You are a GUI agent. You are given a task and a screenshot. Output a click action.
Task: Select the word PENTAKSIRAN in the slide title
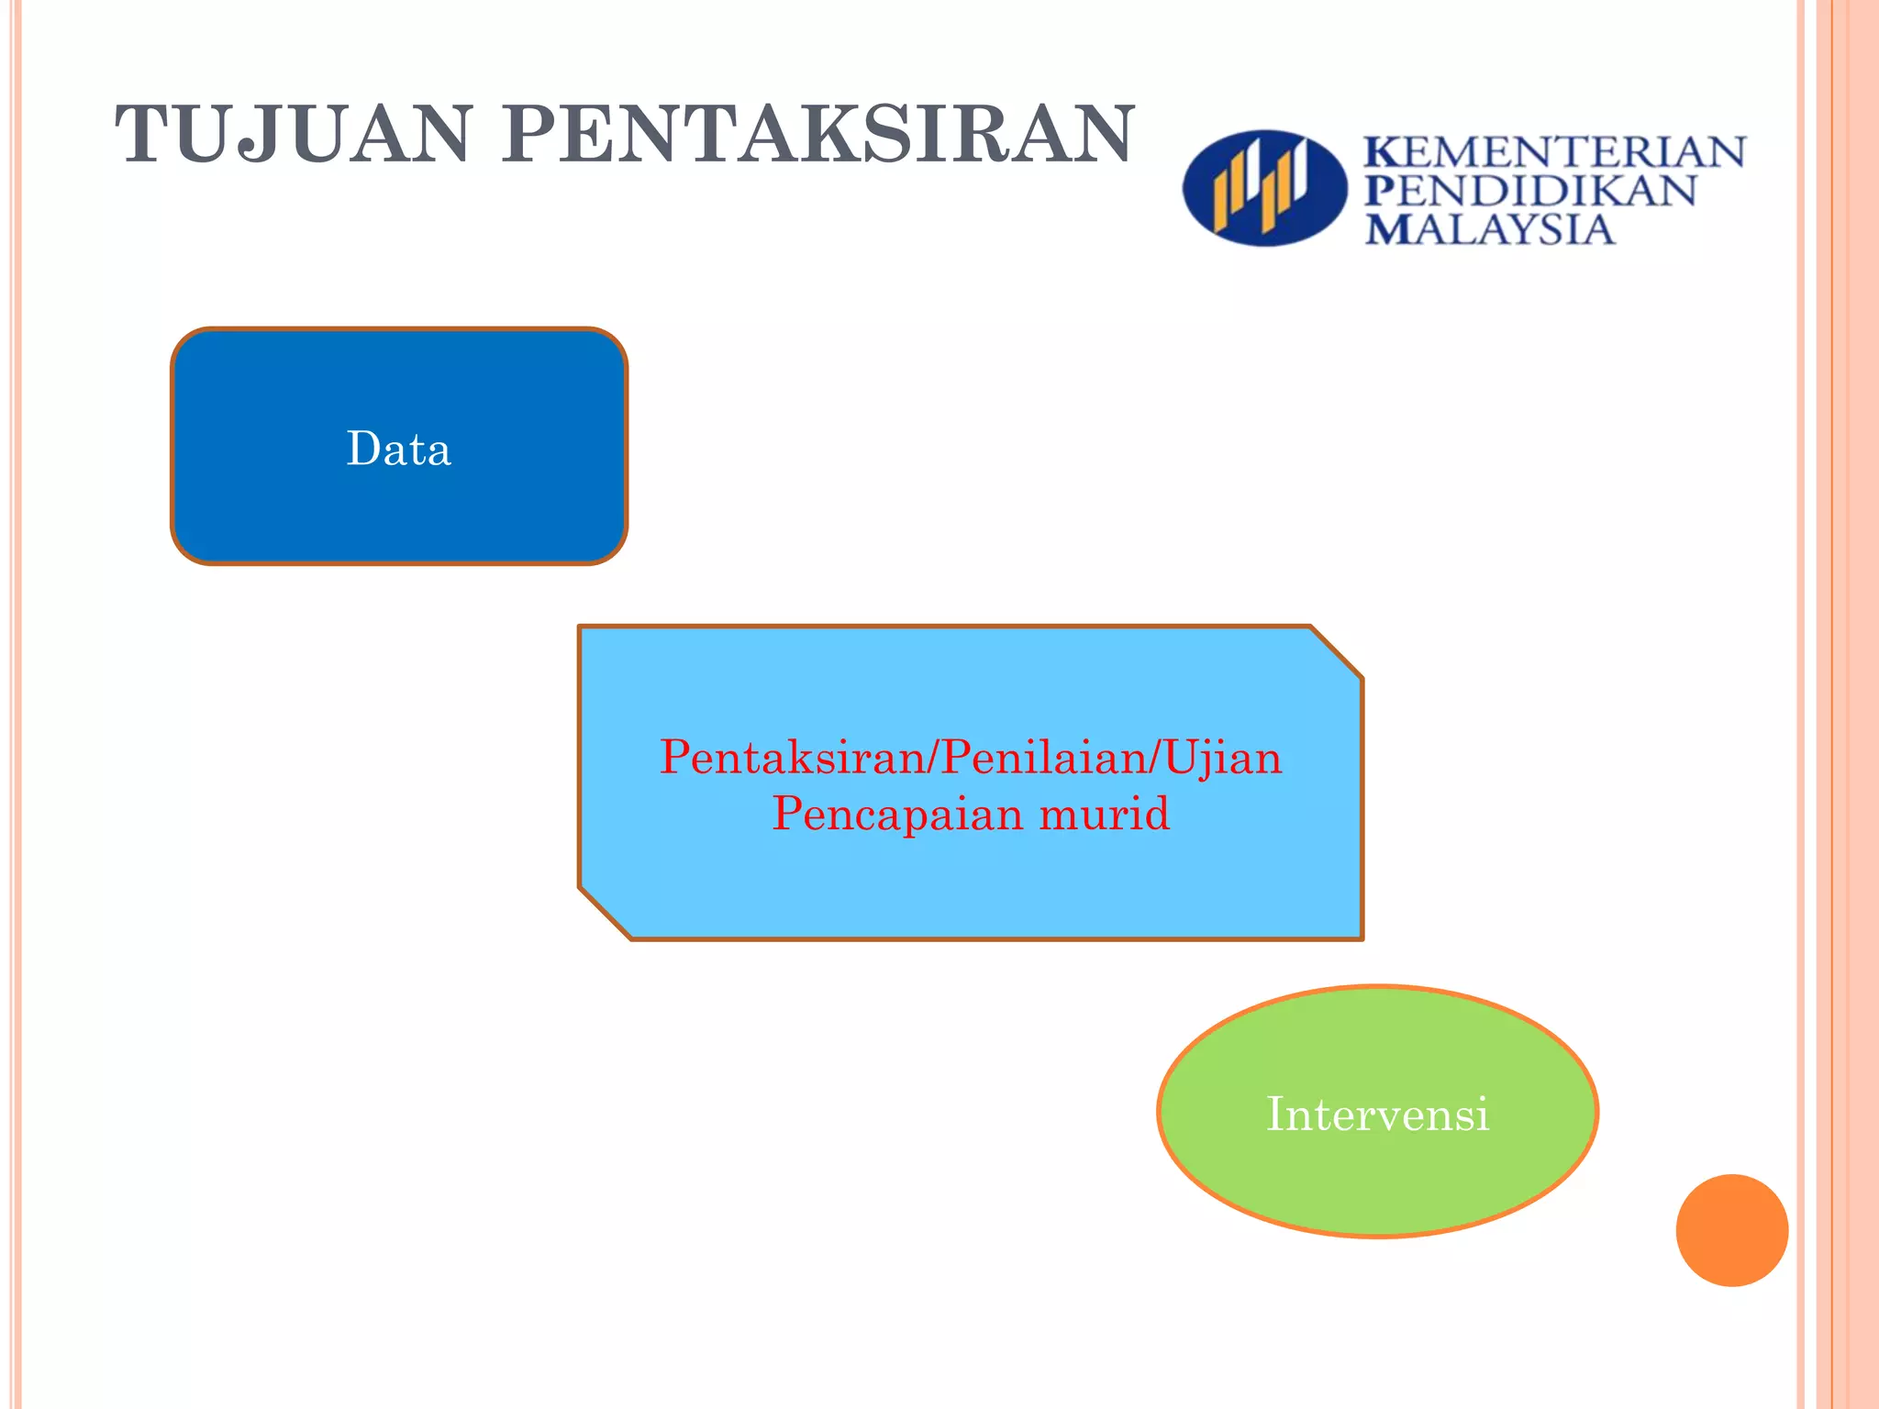pyautogui.click(x=818, y=135)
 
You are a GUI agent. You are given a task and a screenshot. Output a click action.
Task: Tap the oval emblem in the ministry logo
pyautogui.click(x=1263, y=188)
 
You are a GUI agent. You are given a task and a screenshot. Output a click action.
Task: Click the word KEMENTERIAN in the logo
pyautogui.click(x=1555, y=152)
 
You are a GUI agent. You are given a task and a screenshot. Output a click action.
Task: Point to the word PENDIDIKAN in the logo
pyautogui.click(x=1530, y=191)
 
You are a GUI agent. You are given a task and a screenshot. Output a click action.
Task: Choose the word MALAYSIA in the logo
pyautogui.click(x=1489, y=229)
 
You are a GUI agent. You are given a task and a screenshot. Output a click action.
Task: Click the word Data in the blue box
pyautogui.click(x=399, y=449)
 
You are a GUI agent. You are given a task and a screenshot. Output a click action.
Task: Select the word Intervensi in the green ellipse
pyautogui.click(x=1377, y=1115)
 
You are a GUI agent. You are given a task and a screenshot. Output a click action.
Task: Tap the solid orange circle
pyautogui.click(x=1731, y=1230)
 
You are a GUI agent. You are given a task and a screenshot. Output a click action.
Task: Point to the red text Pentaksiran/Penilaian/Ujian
pyautogui.click(x=971, y=758)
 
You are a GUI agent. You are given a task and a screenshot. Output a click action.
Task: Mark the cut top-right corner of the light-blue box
pyautogui.click(x=1337, y=652)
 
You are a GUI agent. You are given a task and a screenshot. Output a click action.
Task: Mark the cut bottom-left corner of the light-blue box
pyautogui.click(x=605, y=914)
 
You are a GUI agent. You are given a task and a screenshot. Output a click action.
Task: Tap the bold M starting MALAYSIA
pyautogui.click(x=1385, y=229)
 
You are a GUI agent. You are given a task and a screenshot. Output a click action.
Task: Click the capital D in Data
pyautogui.click(x=363, y=449)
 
